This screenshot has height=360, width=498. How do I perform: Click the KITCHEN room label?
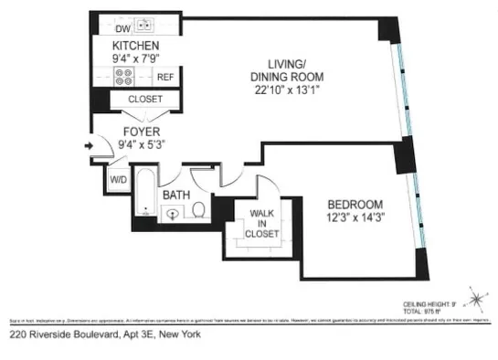136,46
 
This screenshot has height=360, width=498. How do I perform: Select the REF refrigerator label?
165,78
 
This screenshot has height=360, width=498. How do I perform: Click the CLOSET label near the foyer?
145,99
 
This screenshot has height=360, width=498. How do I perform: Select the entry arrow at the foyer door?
89,144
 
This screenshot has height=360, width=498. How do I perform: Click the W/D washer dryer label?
118,179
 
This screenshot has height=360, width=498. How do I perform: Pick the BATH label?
176,195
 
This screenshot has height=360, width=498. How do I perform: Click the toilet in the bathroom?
198,211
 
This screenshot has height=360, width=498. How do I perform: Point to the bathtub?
144,192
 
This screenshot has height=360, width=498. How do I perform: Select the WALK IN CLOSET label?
261,223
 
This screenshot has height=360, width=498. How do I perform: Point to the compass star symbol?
474,297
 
